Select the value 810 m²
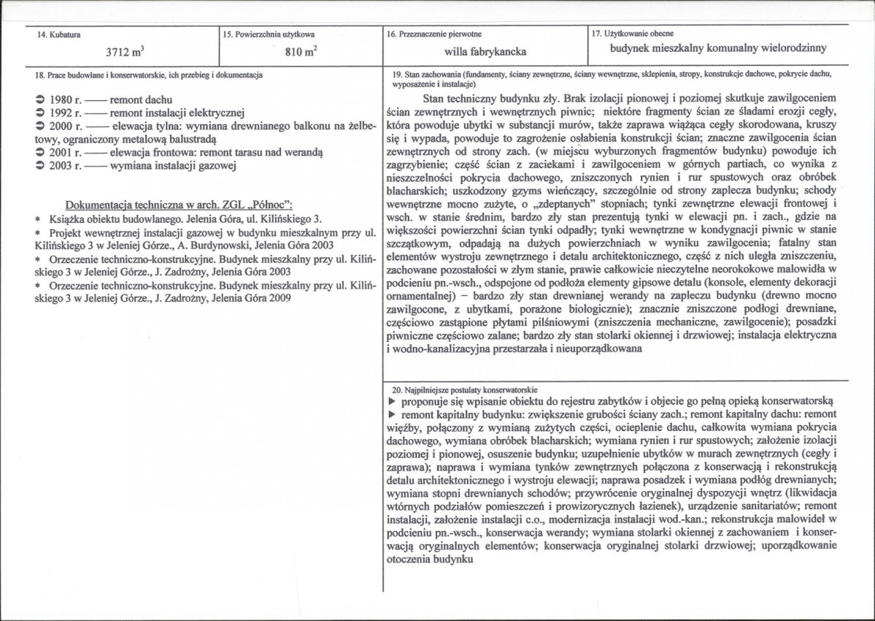click(x=299, y=53)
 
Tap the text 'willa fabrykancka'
click(x=485, y=52)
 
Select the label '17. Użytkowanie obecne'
click(x=632, y=34)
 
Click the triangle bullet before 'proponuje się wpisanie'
click(x=392, y=402)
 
